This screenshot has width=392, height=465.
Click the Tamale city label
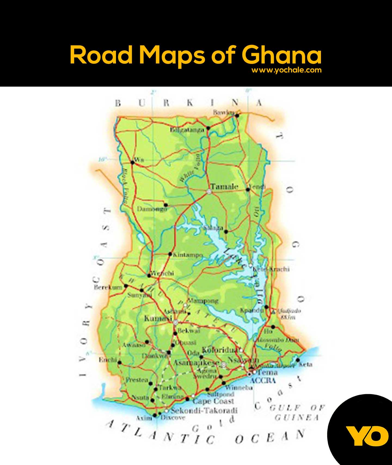225,187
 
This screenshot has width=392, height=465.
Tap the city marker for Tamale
209,192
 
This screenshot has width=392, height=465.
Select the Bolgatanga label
187,130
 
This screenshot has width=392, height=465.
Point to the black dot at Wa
133,163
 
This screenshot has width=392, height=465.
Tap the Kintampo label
188,255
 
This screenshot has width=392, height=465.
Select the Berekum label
108,287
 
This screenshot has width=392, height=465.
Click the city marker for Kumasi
176,323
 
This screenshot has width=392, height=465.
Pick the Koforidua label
220,350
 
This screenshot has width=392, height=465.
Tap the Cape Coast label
213,401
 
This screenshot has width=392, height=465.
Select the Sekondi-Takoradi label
204,410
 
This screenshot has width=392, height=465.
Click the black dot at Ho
273,327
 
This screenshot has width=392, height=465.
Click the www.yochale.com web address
286,70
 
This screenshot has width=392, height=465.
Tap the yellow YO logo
367,436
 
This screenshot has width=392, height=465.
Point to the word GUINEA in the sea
296,418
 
